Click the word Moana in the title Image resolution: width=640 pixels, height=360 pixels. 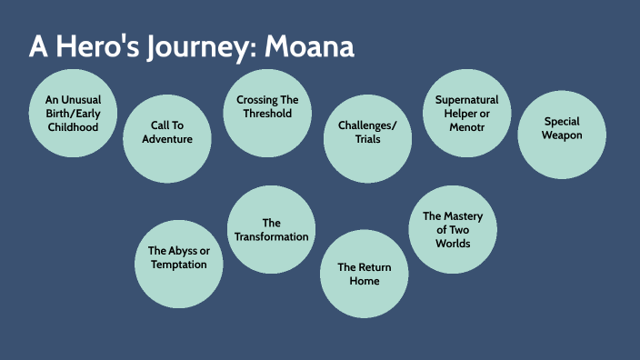(309, 47)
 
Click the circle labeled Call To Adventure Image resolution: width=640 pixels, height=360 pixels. (167, 138)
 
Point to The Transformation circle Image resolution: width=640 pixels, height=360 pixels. (271, 229)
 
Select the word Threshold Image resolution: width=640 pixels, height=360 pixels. (267, 114)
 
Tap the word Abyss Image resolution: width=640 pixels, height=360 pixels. (185, 250)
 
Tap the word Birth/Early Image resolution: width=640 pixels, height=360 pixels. (72, 114)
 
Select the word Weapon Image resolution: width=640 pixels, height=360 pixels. (562, 135)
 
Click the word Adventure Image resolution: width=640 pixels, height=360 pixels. (167, 140)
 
